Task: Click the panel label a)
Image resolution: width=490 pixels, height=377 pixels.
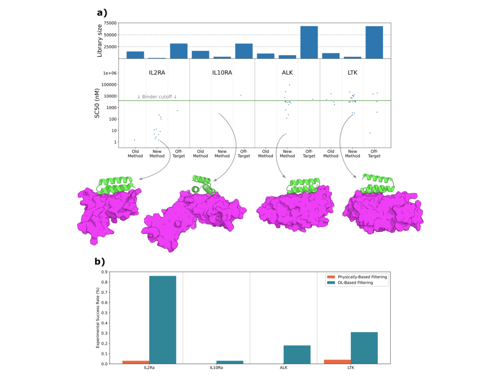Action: [102, 13]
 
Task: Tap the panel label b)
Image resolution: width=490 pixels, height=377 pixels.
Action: [100, 261]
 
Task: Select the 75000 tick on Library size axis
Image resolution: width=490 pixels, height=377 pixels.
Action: [110, 23]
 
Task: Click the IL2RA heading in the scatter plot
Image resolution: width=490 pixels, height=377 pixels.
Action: [157, 73]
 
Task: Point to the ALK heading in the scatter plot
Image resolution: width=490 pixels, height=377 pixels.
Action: [287, 73]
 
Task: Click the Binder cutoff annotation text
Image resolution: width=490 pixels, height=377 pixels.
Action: [157, 97]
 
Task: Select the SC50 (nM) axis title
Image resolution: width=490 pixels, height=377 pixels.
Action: [97, 103]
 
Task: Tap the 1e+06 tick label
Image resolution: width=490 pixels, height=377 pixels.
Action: [110, 73]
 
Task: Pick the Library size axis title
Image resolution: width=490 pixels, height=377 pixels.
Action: [99, 41]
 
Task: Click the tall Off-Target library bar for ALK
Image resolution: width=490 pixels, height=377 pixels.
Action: [309, 42]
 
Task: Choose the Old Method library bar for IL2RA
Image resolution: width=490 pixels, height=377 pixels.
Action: [135, 55]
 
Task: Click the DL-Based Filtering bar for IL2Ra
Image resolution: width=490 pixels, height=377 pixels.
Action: [162, 320]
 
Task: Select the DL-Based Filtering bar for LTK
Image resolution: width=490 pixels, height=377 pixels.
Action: [364, 348]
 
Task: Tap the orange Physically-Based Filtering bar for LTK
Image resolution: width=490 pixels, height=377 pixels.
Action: [337, 362]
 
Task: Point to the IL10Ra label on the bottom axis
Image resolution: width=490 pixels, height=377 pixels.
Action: [216, 368]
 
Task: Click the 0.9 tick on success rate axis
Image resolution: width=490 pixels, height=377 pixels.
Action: [104, 272]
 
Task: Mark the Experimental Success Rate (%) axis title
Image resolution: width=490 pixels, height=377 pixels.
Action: [98, 318]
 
